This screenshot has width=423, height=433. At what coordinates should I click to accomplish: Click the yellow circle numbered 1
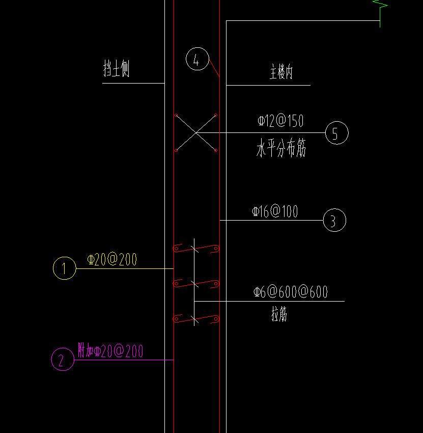click(x=65, y=268)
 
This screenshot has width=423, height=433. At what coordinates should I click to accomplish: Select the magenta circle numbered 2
click(x=62, y=360)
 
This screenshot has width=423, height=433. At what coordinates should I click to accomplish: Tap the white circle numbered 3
click(x=334, y=221)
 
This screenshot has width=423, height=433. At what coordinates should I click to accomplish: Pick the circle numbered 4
click(x=197, y=60)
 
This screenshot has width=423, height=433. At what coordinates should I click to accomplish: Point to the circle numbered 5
click(x=336, y=133)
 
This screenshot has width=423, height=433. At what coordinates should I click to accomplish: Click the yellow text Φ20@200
click(x=112, y=260)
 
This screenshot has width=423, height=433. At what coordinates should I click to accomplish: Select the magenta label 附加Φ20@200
click(x=110, y=350)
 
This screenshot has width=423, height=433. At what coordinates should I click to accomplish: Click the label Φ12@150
click(x=280, y=121)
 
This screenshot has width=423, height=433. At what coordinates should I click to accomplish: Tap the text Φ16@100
click(x=275, y=212)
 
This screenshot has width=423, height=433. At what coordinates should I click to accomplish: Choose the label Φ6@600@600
click(x=291, y=292)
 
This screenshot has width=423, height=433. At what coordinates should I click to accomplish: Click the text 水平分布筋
click(x=281, y=150)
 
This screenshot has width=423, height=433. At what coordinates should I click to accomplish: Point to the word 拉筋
click(x=279, y=315)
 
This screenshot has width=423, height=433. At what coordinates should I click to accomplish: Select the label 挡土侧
click(x=117, y=69)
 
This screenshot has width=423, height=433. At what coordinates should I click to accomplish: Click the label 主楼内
click(x=281, y=73)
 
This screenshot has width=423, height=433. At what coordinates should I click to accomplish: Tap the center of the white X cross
click(x=196, y=133)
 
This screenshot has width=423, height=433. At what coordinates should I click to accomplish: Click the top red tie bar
click(x=196, y=249)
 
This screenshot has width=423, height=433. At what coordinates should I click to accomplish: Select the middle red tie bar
click(x=196, y=283)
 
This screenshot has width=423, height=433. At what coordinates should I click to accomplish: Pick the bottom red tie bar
click(x=196, y=319)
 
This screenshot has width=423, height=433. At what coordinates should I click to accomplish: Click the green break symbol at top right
click(x=380, y=11)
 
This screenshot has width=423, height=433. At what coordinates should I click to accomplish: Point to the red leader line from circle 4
click(x=214, y=68)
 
